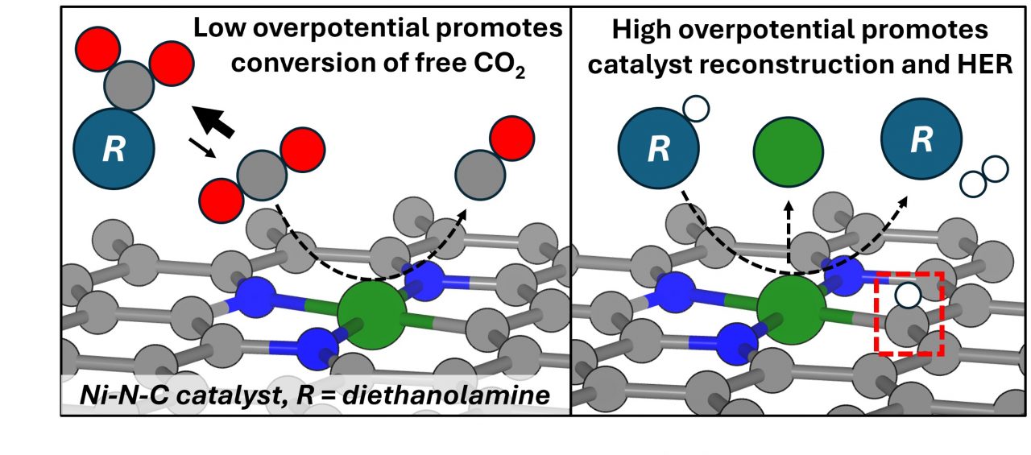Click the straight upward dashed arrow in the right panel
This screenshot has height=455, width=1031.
(789, 234)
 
